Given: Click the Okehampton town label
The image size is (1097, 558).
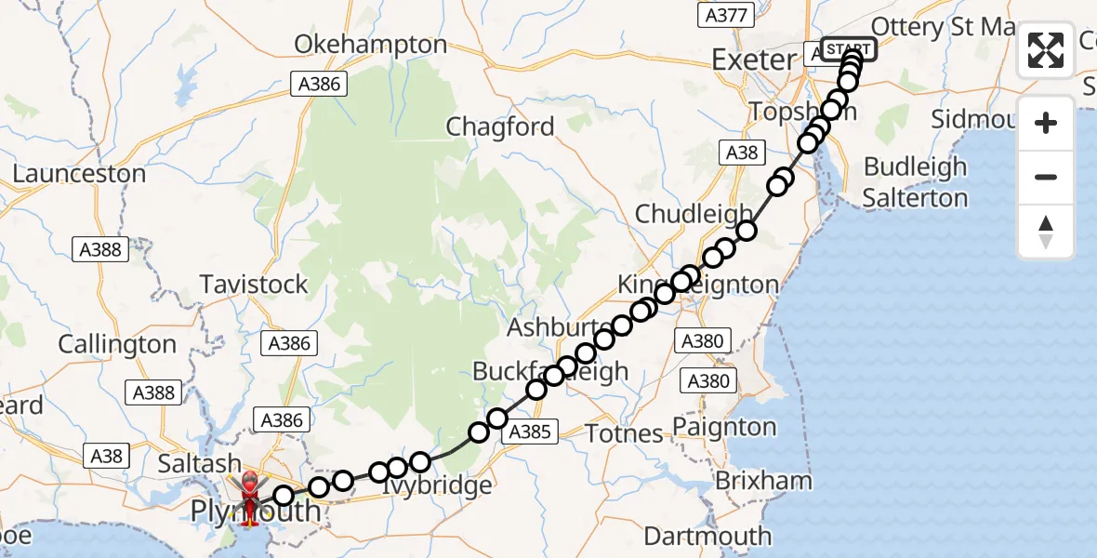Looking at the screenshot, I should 371,45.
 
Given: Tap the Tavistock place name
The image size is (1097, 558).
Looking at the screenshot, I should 255,285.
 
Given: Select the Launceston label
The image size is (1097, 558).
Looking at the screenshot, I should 79,174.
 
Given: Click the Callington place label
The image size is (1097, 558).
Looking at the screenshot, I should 117,344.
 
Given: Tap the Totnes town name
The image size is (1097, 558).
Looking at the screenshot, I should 624,432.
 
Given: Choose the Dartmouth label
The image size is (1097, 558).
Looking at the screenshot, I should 707,536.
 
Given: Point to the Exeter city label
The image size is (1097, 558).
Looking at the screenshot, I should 754,60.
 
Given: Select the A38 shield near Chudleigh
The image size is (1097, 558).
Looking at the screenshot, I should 741,153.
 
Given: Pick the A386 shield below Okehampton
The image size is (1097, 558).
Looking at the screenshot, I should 317,85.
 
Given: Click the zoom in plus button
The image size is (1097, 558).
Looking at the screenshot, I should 1046,123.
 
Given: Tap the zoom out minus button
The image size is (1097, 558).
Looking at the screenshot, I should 1046,177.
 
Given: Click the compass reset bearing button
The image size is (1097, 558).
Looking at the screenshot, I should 1046,231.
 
